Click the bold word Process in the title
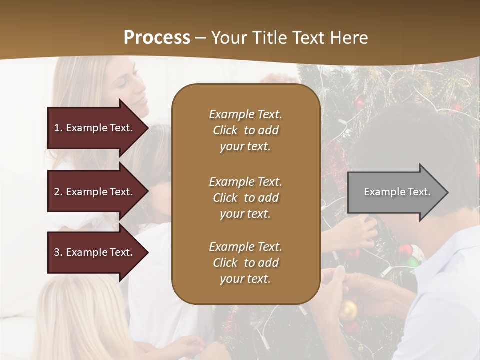pyautogui.click(x=157, y=38)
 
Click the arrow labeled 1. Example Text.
pyautogui.click(x=95, y=128)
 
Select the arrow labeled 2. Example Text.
pyautogui.click(x=95, y=192)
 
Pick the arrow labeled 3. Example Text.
pyautogui.click(x=95, y=252)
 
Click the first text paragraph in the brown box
pyautogui.click(x=245, y=130)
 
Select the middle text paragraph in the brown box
pyautogui.click(x=245, y=198)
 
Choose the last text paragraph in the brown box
pyautogui.click(x=245, y=263)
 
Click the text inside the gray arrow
pyautogui.click(x=397, y=192)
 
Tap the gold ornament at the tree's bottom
pyautogui.click(x=348, y=310)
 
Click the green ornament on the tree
pyautogui.click(x=413, y=261)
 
